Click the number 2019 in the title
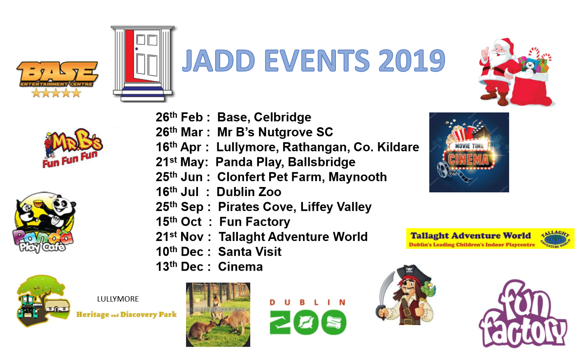tap(412, 61)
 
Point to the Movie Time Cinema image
tap(469, 152)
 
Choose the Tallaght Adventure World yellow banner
tap(490, 238)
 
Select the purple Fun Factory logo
tap(523, 315)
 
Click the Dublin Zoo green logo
tap(308, 317)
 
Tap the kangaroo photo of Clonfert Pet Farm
tap(218, 315)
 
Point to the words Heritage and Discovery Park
tap(126, 314)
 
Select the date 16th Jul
tap(177, 192)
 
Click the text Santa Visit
tap(249, 252)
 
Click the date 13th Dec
tap(179, 266)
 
